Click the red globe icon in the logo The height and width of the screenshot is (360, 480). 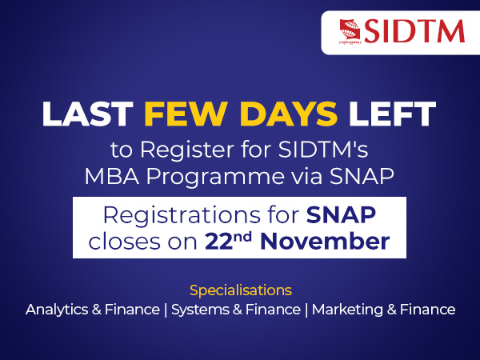click(x=348, y=30)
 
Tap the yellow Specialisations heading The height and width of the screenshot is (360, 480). click(x=240, y=289)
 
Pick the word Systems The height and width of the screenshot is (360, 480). click(x=198, y=310)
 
